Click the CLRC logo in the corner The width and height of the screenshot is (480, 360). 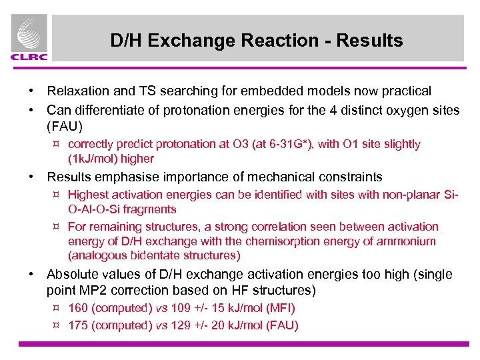[29, 39]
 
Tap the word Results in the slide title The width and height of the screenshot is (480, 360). [369, 41]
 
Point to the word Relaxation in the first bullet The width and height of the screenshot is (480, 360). [78, 91]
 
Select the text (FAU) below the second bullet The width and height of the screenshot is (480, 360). [63, 125]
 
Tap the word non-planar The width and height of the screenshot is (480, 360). [416, 195]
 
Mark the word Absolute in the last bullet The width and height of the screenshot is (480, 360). [71, 275]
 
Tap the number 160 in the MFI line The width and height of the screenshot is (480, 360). [77, 308]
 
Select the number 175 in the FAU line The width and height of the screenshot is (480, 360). [77, 325]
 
